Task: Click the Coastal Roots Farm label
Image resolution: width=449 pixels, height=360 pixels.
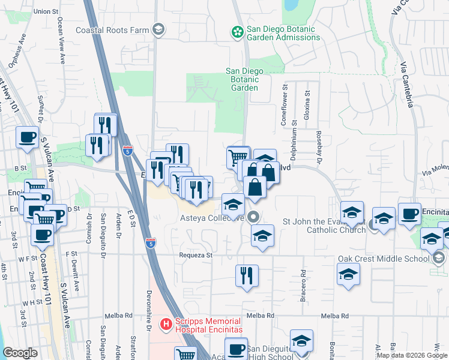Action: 112,29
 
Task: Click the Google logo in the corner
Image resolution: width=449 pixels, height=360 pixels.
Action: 20,353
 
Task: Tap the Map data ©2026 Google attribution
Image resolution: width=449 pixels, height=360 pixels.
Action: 412,355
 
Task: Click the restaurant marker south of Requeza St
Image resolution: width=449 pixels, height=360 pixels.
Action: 247,276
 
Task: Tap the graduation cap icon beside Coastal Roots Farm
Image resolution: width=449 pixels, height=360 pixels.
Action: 158,29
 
